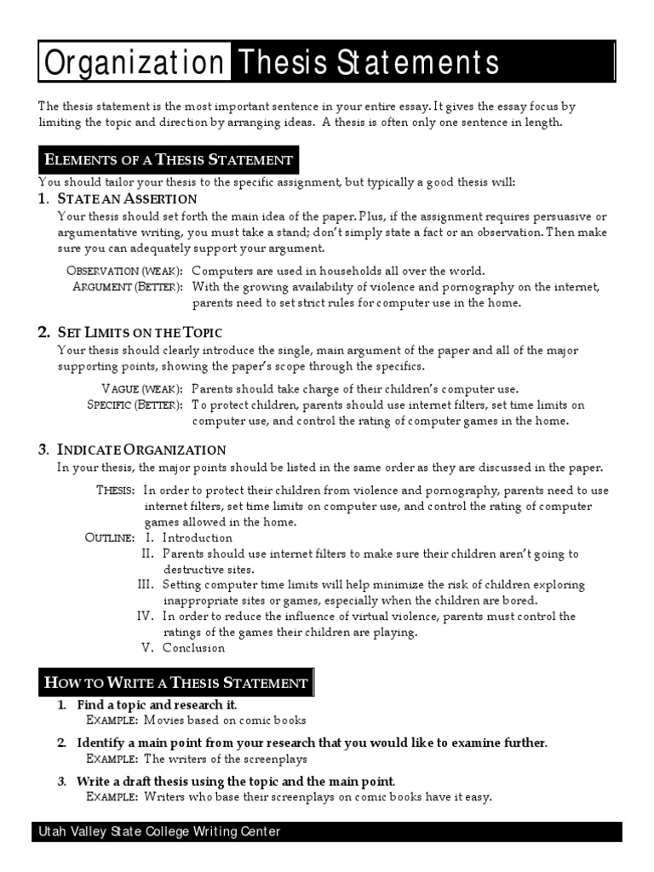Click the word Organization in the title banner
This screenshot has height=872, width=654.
click(132, 62)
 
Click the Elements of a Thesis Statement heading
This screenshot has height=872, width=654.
click(169, 159)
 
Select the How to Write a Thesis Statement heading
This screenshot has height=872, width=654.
click(176, 682)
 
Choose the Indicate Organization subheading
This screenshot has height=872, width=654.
click(141, 450)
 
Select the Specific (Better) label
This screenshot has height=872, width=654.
click(135, 404)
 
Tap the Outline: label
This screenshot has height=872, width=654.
click(110, 537)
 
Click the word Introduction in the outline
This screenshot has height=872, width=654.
click(198, 537)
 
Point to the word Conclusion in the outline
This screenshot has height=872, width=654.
click(194, 647)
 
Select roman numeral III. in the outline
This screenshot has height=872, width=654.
click(146, 584)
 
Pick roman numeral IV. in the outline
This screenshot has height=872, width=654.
click(146, 616)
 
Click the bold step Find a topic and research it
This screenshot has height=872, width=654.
click(157, 705)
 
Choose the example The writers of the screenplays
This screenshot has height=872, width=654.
click(226, 758)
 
